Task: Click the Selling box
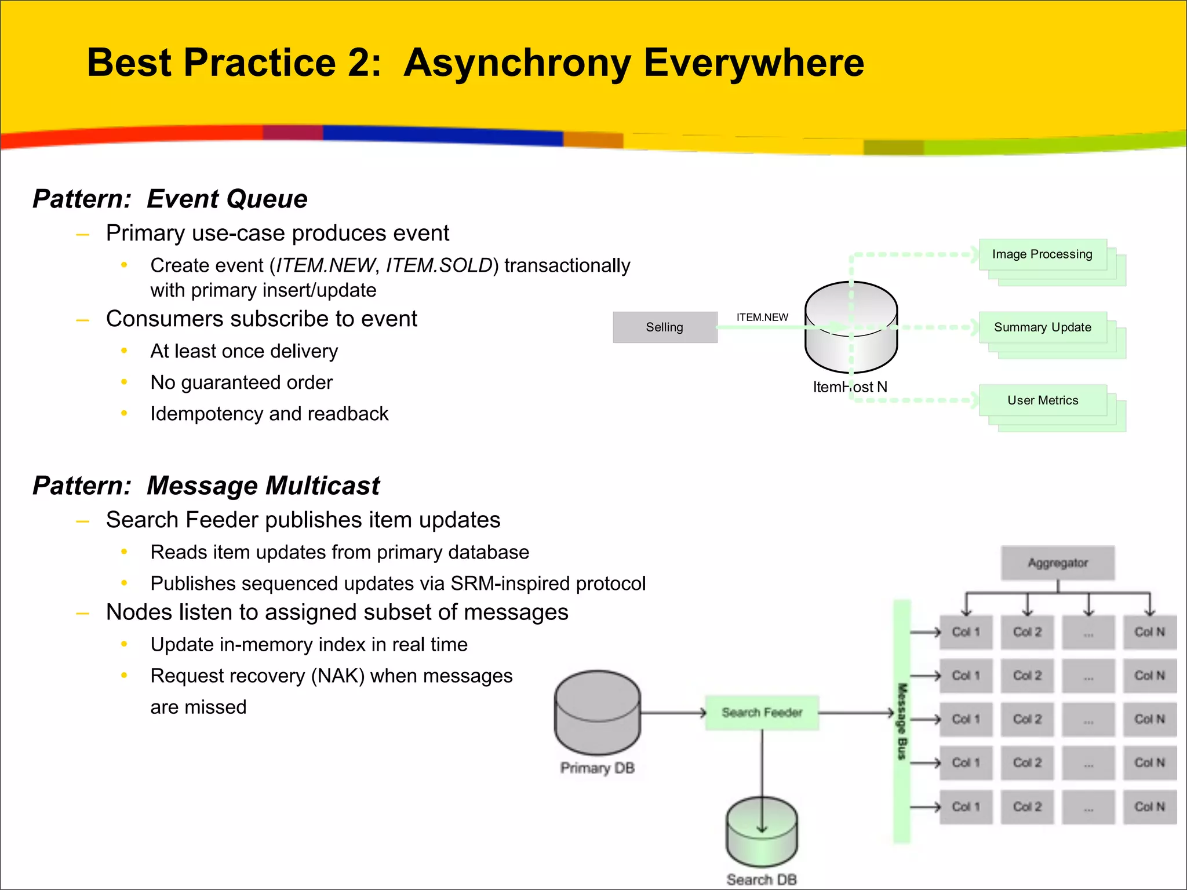[x=665, y=327]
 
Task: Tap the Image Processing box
[x=1042, y=254]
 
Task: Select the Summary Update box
[x=1042, y=327]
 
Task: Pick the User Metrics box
[x=1042, y=400]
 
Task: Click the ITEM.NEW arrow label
[x=762, y=318]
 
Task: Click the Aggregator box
[x=1057, y=563]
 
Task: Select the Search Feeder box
[x=762, y=713]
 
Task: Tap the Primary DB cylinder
[x=598, y=713]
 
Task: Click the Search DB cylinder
[x=762, y=834]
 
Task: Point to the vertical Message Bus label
[x=902, y=721]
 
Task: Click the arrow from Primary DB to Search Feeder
[x=672, y=713]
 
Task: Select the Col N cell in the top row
[x=1149, y=632]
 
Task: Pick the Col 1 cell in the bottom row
[x=966, y=807]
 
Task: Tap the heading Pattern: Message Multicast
[x=206, y=486]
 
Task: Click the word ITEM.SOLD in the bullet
[x=439, y=265]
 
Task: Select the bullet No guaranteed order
[x=241, y=382]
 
